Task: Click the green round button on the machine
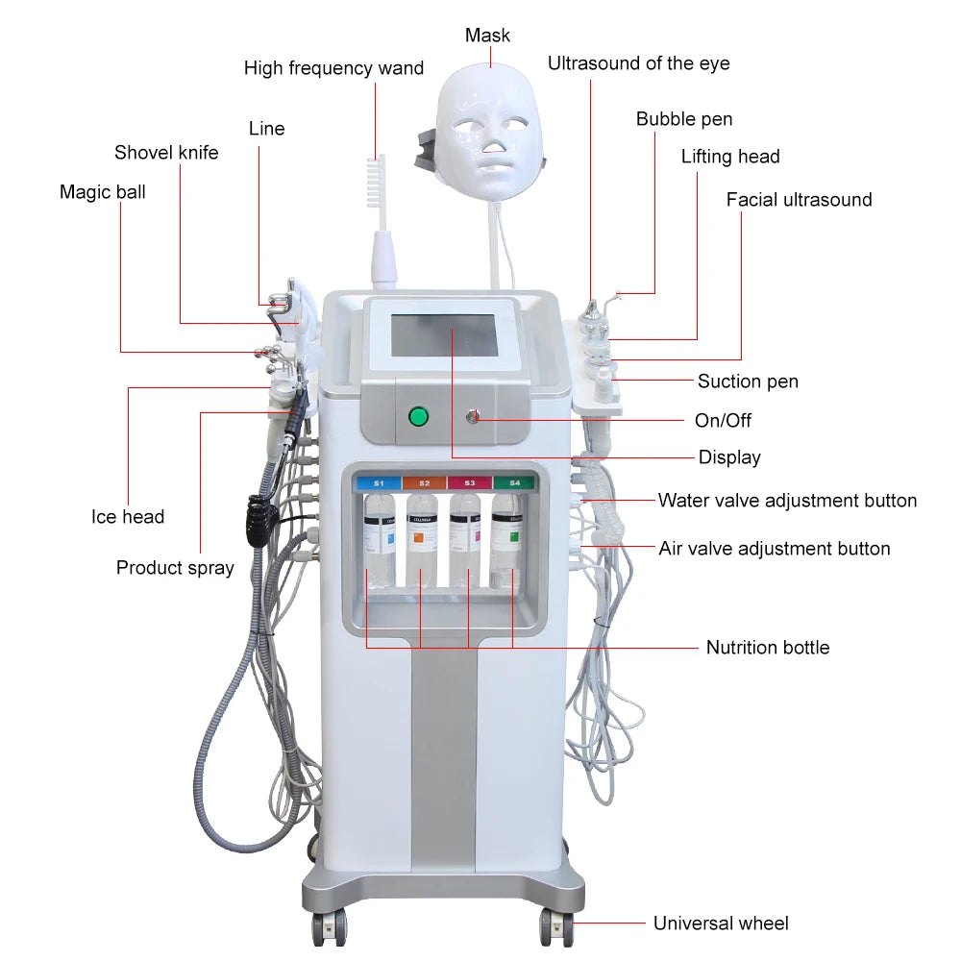[418, 416]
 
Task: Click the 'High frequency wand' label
[333, 68]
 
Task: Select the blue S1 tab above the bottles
[379, 482]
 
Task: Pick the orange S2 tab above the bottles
[424, 482]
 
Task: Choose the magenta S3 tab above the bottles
[469, 482]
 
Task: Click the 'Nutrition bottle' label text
[767, 648]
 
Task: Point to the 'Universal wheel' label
[721, 924]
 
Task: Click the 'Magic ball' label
[103, 192]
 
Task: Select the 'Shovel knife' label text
[166, 153]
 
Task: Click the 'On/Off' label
[723, 421]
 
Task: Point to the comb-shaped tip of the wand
[375, 178]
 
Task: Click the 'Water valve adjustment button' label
[787, 501]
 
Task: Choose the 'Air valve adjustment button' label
[774, 549]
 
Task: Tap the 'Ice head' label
[128, 517]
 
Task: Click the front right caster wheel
[555, 925]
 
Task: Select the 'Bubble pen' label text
[684, 119]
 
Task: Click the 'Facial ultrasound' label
[799, 200]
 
